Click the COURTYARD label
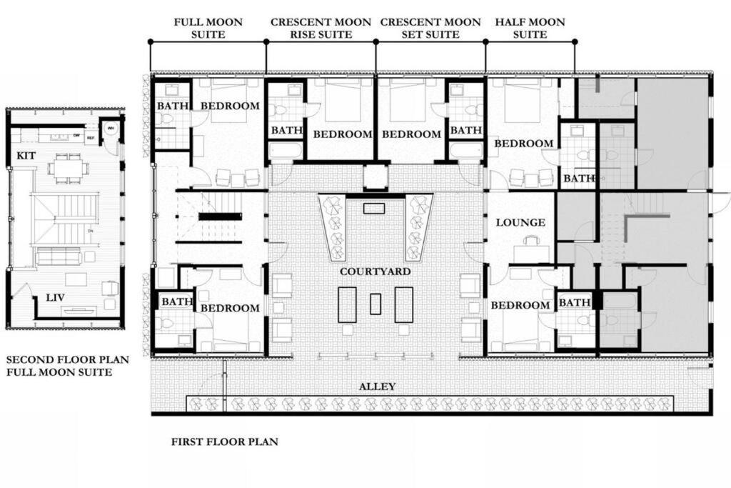[375, 272]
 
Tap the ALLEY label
[377, 387]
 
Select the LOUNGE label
[520, 222]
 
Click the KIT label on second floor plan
[26, 155]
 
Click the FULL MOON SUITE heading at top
[208, 28]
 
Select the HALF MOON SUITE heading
[530, 28]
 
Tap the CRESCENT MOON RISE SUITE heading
[321, 28]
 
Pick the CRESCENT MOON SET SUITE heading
[430, 28]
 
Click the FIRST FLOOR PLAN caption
[225, 442]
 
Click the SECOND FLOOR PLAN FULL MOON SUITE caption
[59, 366]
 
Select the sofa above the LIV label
[59, 256]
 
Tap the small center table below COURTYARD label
[375, 304]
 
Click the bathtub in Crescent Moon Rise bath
[286, 151]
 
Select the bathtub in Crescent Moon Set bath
[465, 151]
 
